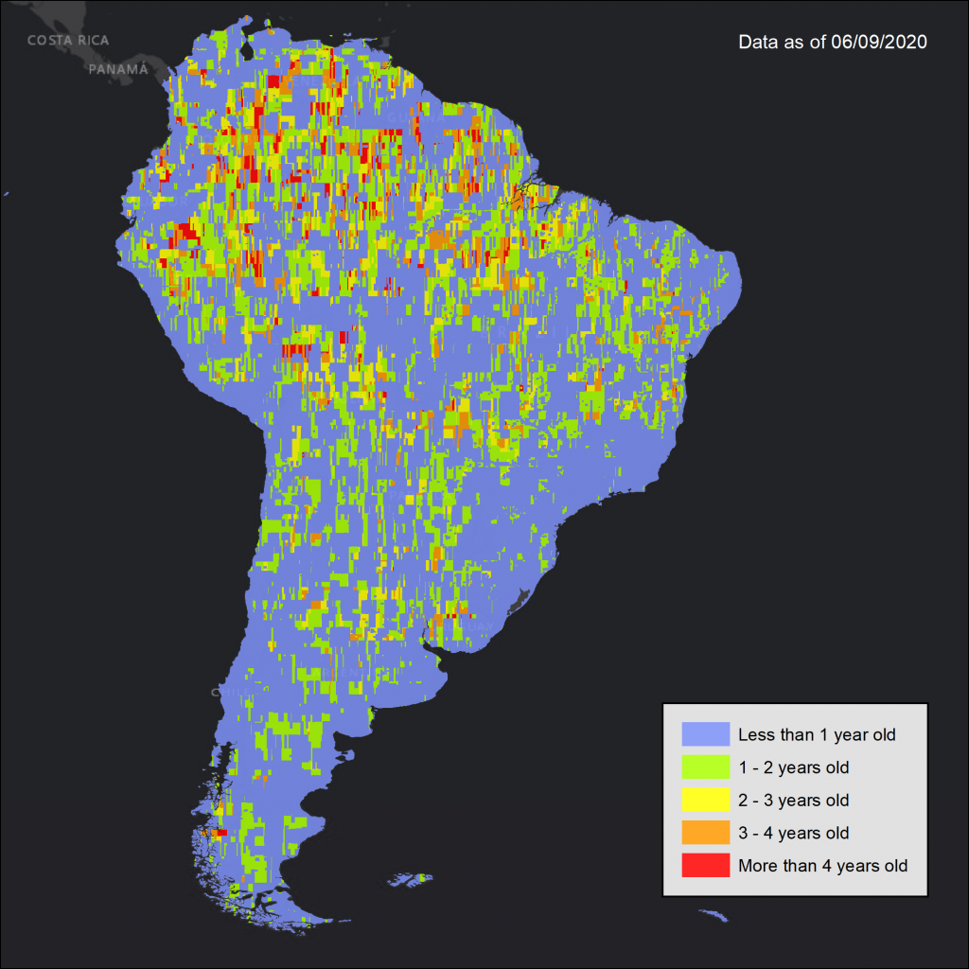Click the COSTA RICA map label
pos(67,41)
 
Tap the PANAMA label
pos(118,69)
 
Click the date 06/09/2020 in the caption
pos(875,43)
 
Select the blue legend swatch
pos(705,734)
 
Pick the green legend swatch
pos(705,767)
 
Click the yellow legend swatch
pos(705,800)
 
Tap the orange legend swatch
pos(705,833)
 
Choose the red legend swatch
pos(705,865)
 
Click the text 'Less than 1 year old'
pos(816,734)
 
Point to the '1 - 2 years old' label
pos(793,767)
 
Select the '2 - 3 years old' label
pos(793,800)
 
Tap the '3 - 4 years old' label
pos(793,833)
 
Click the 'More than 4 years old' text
pos(822,865)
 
